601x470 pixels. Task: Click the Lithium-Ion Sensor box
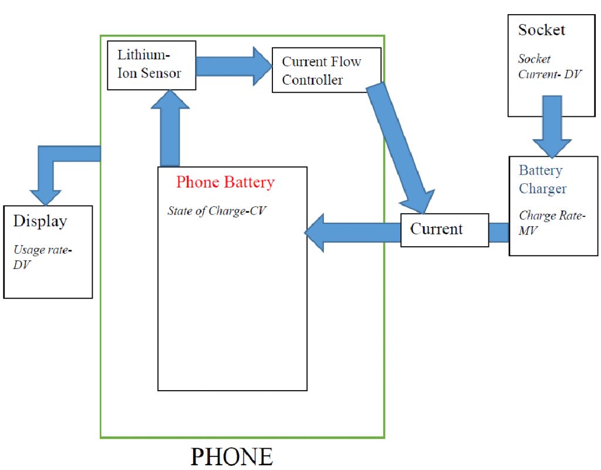tap(151, 65)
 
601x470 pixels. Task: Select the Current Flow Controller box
tap(326, 70)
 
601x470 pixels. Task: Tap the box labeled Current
tap(444, 230)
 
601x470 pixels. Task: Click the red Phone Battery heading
tap(225, 182)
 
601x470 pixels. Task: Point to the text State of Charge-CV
tap(217, 211)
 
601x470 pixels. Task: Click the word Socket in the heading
tap(542, 30)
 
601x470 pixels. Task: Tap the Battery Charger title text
tap(542, 180)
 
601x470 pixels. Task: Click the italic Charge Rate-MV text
tap(552, 223)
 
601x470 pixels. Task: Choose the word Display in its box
tap(40, 221)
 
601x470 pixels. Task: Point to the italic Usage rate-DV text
tap(43, 257)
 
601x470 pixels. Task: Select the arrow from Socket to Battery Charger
tap(552, 126)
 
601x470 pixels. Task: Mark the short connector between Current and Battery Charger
tap(498, 232)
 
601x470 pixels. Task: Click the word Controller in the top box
tap(312, 80)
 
